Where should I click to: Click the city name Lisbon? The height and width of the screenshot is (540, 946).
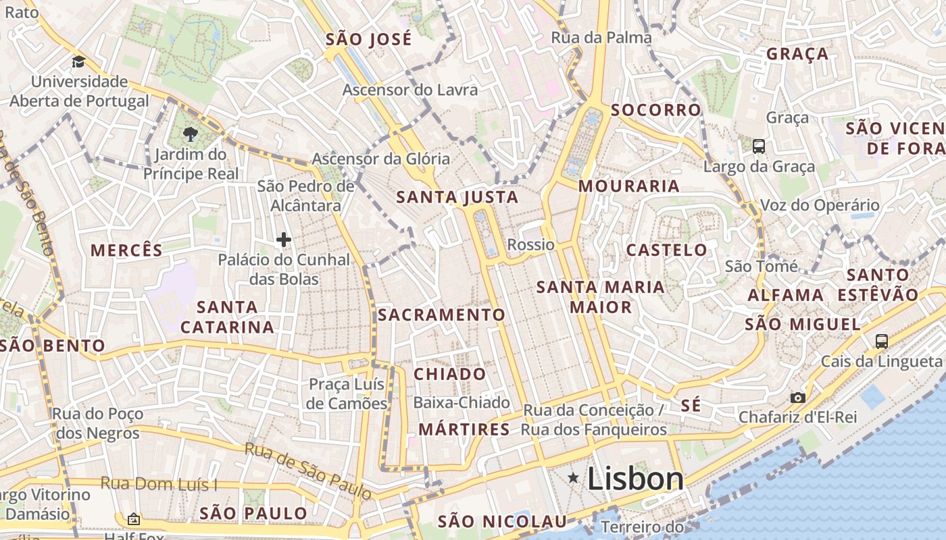635,479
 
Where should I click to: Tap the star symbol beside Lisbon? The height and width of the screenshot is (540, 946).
574,478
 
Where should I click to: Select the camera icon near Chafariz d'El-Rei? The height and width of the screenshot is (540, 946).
798,398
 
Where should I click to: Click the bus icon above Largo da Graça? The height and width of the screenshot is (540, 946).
759,146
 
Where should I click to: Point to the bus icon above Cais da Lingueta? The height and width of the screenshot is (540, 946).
881,342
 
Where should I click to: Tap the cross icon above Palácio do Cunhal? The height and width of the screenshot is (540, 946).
284,240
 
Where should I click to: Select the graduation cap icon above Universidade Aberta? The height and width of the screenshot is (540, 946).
78,62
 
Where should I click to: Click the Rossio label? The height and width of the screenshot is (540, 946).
530,244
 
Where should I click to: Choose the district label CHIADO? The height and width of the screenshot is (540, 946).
450,374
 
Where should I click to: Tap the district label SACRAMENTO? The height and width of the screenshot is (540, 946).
441,315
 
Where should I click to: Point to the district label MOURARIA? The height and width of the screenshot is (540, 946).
629,186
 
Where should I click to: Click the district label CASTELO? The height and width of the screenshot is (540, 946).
667,250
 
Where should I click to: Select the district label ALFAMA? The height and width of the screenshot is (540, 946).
785,295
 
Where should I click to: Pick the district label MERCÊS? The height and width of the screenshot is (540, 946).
127,250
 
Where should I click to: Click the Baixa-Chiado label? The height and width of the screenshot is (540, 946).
462,403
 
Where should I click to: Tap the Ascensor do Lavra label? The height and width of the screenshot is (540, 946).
410,90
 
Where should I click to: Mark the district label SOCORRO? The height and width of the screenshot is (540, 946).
656,110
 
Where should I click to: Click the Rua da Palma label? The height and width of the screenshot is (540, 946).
601,38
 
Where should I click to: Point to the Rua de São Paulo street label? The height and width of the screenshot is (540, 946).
307,470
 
